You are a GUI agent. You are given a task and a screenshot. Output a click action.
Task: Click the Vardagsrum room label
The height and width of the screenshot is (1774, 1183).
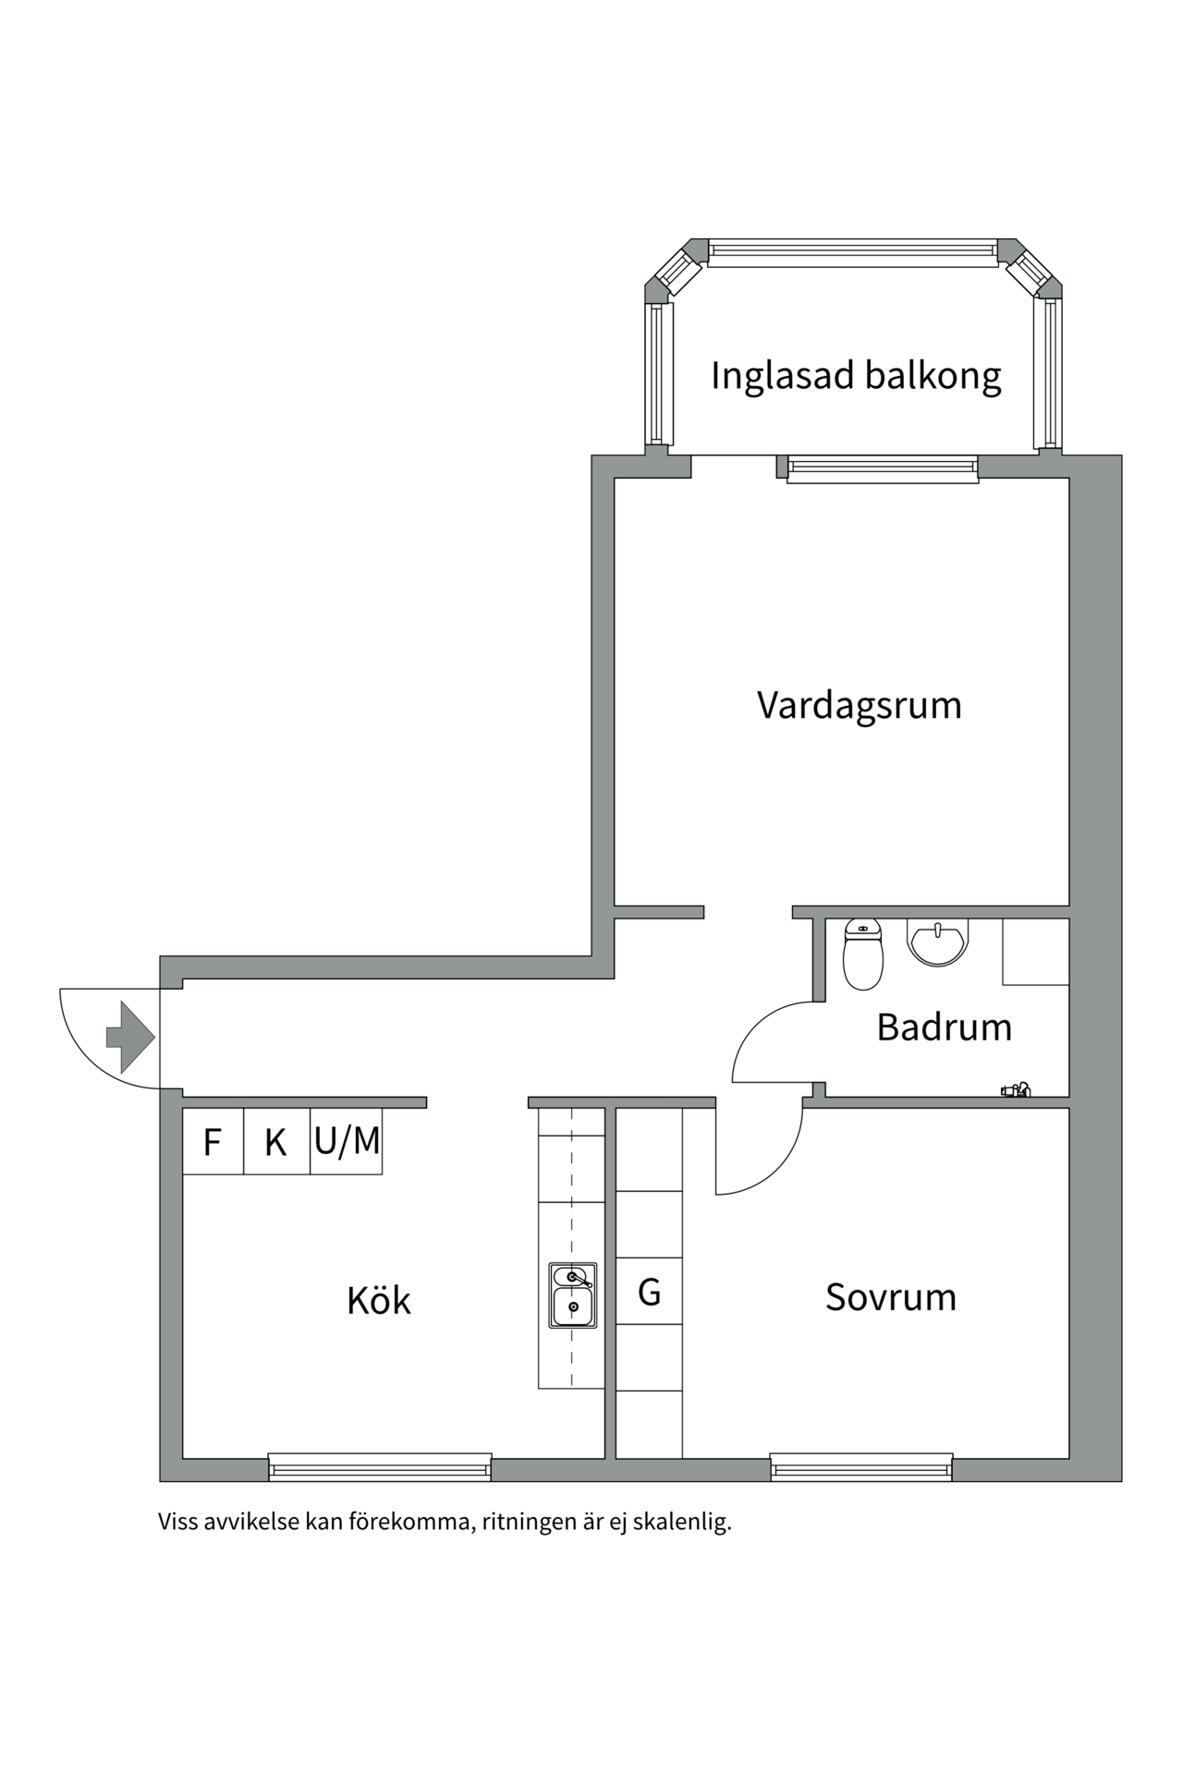click(x=859, y=706)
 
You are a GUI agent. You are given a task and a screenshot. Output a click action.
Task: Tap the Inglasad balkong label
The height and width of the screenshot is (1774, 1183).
click(x=855, y=376)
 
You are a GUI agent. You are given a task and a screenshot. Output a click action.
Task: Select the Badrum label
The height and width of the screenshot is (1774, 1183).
click(x=944, y=1027)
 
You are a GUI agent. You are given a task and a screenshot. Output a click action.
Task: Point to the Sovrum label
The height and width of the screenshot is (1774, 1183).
click(x=890, y=1297)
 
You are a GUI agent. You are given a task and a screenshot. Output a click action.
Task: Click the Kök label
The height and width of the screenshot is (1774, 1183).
click(x=378, y=1301)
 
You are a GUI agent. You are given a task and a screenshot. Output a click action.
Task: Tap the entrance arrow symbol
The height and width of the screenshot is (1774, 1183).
click(x=129, y=1037)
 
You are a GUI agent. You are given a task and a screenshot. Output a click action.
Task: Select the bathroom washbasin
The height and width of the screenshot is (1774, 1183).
click(x=938, y=942)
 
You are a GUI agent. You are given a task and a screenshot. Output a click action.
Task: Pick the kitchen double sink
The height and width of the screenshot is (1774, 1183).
click(x=572, y=1295)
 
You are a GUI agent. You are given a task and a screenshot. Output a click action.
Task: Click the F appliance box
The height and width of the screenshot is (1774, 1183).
click(x=213, y=1142)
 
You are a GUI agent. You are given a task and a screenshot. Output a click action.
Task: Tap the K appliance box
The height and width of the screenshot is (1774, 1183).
click(x=275, y=1142)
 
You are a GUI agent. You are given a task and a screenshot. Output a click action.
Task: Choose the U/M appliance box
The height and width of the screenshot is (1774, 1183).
click(x=347, y=1142)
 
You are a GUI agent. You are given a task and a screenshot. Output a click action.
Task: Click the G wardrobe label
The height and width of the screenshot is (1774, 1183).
click(x=649, y=1292)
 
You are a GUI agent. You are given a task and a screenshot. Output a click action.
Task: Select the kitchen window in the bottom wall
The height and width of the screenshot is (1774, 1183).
click(x=379, y=1466)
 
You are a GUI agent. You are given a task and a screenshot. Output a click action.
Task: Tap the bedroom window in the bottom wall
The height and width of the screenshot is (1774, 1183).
click(x=860, y=1466)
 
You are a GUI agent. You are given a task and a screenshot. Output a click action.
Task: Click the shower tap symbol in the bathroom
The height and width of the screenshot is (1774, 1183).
click(x=1016, y=1090)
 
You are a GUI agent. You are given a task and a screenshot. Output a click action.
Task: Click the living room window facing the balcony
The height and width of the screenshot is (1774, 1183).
click(x=883, y=468)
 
